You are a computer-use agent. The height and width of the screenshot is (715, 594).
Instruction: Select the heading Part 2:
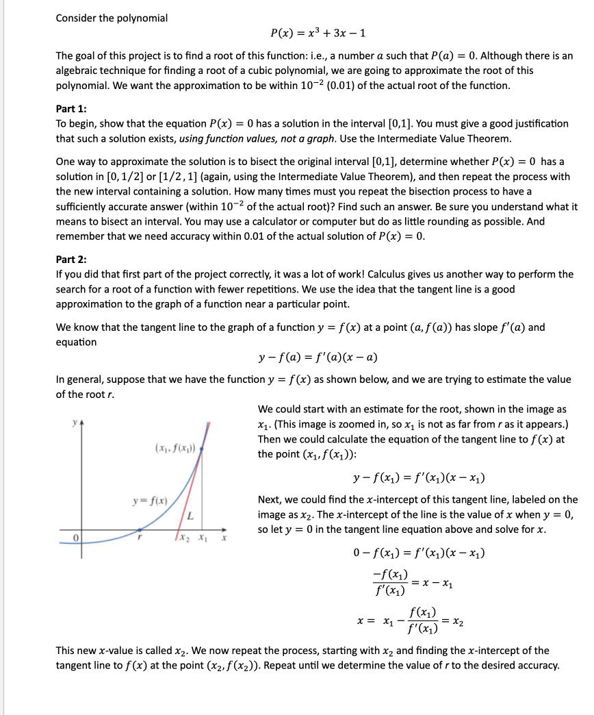[x=71, y=260]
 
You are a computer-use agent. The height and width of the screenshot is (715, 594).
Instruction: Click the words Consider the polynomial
[x=112, y=18]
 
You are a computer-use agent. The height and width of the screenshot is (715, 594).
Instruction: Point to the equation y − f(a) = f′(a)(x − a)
[x=318, y=358]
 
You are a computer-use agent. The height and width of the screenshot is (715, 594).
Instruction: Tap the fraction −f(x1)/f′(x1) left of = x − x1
[x=389, y=581]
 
